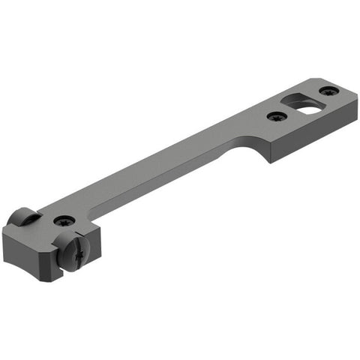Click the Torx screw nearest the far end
[328, 91]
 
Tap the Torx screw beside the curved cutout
[277, 117]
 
